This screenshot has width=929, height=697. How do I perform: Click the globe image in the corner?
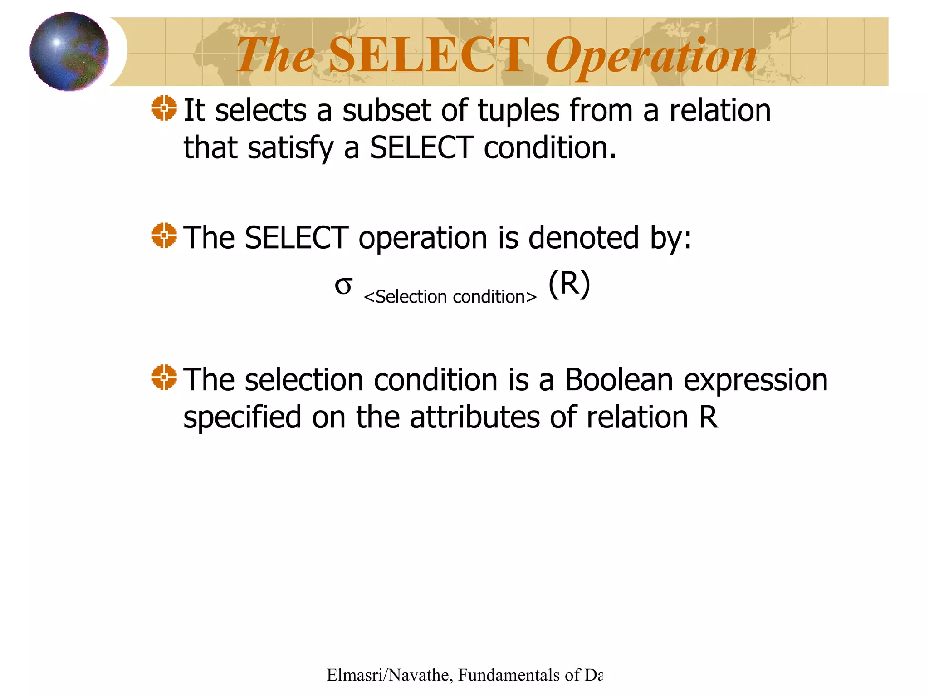[x=69, y=51]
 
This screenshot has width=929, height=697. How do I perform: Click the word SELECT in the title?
[x=429, y=55]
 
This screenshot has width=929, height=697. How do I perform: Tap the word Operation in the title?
[x=651, y=57]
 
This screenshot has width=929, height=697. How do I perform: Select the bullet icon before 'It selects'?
[x=164, y=108]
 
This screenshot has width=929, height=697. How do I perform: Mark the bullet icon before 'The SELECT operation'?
[x=164, y=236]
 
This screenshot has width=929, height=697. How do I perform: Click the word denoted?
[x=583, y=237]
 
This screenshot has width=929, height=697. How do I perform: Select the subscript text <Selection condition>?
[x=450, y=297]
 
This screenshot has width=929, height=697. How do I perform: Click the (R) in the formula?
[x=569, y=284]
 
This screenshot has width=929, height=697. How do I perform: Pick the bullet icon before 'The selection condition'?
[x=164, y=377]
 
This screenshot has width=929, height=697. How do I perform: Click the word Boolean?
[x=619, y=379]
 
